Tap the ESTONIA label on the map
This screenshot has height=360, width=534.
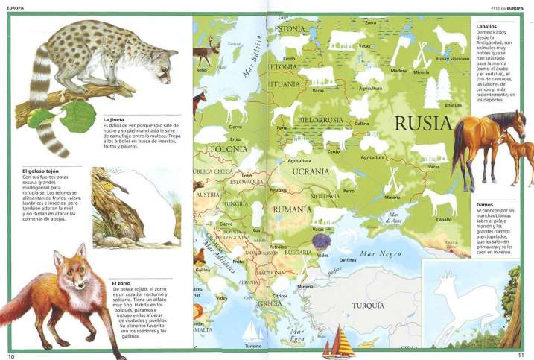290,29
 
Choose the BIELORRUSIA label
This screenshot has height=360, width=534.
320,119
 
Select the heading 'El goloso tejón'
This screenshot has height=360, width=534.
41,171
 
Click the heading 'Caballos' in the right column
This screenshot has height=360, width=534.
486,26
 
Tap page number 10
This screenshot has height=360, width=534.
10,356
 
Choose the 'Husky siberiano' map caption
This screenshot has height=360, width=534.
452,57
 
